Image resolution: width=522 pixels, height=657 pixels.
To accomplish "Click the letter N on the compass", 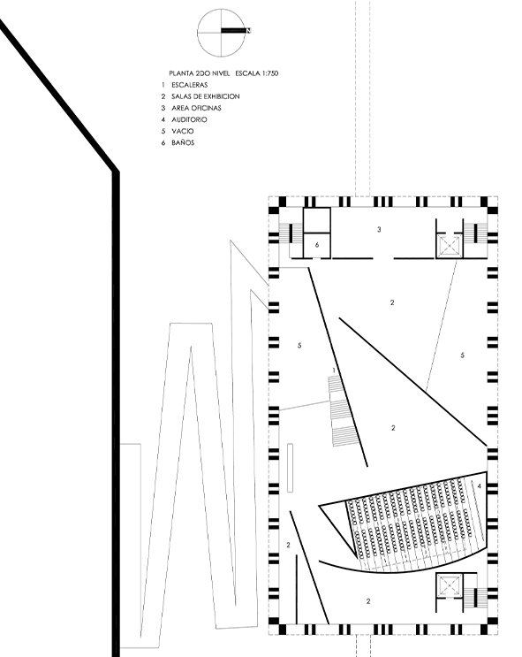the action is coord(249,31).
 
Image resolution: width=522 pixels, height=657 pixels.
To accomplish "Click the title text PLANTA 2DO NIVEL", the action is coord(200,73).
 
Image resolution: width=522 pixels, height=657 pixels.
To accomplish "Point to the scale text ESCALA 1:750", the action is coord(257,73).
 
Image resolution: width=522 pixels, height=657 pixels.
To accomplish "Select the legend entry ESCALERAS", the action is coord(190,85).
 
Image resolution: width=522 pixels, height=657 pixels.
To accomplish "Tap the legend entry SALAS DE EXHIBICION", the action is coord(206,96).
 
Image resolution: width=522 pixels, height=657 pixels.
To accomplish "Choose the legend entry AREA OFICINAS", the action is coord(196,108).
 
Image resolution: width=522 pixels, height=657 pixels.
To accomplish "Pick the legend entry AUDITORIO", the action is coord(189,119).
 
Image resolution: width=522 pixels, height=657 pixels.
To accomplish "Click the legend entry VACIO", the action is coord(183,131).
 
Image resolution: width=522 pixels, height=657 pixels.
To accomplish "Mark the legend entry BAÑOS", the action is coord(183,142).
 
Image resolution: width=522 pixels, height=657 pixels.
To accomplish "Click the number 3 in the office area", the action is coord(379,229).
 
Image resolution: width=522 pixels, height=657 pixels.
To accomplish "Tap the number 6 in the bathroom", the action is coord(317,245).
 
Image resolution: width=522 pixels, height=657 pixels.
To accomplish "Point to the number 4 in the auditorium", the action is coord(480,486).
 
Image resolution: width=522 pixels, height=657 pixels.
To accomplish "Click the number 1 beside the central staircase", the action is coord(334,371).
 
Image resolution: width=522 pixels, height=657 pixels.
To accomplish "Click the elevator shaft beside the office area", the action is coord(450,246).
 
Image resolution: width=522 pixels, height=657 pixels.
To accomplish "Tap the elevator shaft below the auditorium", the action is coord(450,585).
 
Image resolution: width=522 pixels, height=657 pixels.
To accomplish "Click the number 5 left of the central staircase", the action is coord(299,346).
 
